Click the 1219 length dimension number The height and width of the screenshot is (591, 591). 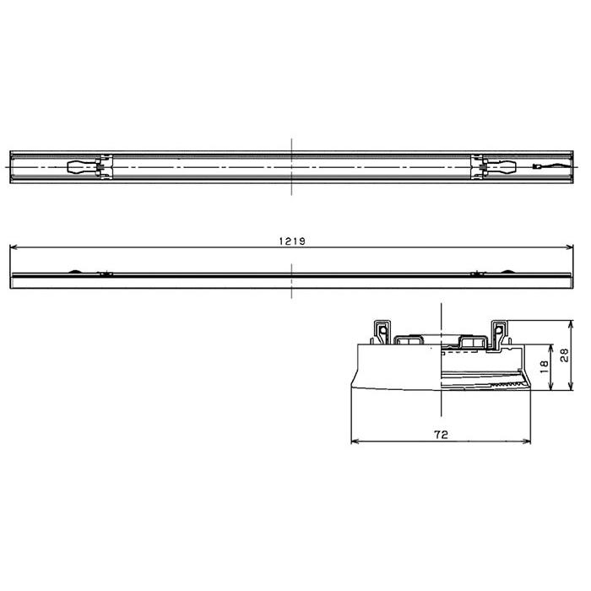pos(292,241)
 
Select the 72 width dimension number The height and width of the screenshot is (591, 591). pos(441,435)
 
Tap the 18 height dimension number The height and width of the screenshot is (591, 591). pos(544,366)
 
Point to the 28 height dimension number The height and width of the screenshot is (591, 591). pos(564,355)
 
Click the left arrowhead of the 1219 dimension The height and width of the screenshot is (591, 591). pos(13,247)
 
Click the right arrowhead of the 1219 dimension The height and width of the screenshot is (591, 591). pos(570,247)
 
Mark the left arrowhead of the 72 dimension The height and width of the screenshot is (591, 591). pos(355,441)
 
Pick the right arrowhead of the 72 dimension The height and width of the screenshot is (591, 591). pos(527,441)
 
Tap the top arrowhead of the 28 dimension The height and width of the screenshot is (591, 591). pos(571,323)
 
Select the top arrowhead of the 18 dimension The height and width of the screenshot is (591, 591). pos(551,348)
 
